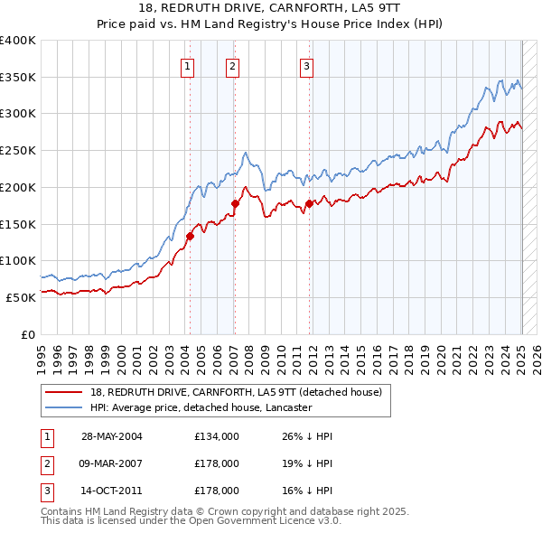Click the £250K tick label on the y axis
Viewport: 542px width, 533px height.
tap(18, 150)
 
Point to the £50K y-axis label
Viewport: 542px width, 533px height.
tap(22, 296)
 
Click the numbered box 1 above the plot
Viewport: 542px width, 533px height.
tap(187, 65)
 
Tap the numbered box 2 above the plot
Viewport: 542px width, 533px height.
tap(232, 65)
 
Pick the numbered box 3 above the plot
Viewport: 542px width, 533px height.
tap(306, 65)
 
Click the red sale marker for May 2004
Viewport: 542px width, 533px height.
tap(191, 237)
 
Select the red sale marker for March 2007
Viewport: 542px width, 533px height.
tap(235, 204)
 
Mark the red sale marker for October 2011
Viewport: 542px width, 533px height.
tap(309, 204)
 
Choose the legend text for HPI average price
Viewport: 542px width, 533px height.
tap(201, 407)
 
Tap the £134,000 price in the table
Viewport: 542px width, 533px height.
tap(217, 436)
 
